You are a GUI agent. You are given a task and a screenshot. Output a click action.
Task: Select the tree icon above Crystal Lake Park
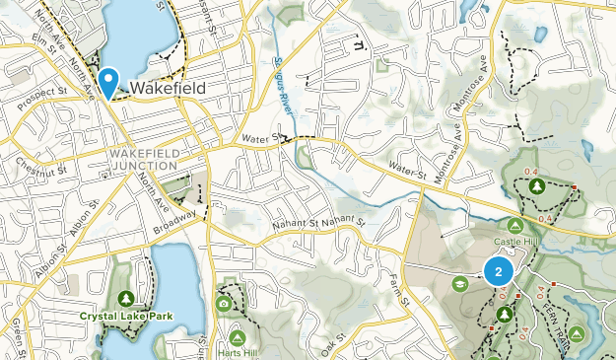(x=125, y=298)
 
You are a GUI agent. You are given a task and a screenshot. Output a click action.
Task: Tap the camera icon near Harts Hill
(x=225, y=304)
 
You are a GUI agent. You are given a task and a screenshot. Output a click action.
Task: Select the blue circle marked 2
(x=499, y=272)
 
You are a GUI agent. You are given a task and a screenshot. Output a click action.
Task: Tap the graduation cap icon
(x=458, y=284)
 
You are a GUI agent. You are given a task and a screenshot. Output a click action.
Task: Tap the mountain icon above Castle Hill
(x=513, y=226)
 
